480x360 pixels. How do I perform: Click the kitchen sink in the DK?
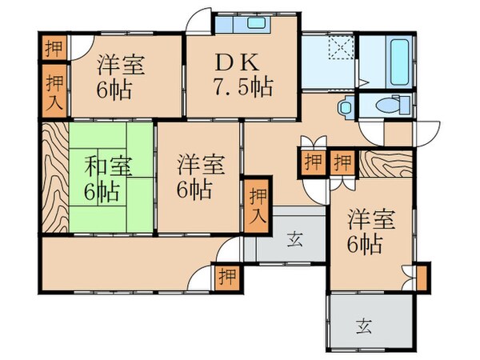(256, 23)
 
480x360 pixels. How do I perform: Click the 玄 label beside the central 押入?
(294, 238)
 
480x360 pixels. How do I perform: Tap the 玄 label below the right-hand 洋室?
(365, 325)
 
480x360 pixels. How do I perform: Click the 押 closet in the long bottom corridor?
(227, 277)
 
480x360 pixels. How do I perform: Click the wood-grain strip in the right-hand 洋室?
(384, 164)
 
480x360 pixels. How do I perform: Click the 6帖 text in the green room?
(103, 192)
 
